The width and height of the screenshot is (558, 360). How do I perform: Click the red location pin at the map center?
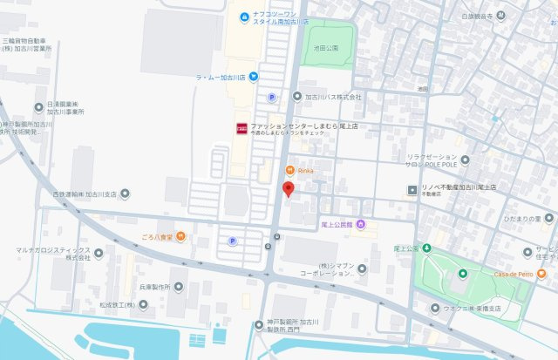pyautogui.click(x=289, y=190)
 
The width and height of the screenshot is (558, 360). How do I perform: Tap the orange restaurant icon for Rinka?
pyautogui.click(x=289, y=170)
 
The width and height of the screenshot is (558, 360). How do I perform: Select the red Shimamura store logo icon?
pyautogui.click(x=241, y=129)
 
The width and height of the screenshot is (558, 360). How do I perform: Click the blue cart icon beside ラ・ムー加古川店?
pyautogui.click(x=253, y=77)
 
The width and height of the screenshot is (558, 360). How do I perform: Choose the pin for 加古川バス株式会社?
pyautogui.click(x=296, y=98)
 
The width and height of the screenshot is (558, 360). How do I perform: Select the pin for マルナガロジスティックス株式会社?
pyautogui.click(x=98, y=253)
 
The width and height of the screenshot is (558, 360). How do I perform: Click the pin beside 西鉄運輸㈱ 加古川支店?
pyautogui.click(x=126, y=194)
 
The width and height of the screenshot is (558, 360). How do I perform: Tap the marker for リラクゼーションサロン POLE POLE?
pyautogui.click(x=465, y=160)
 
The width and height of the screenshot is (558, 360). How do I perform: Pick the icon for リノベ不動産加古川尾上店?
pyautogui.click(x=412, y=189)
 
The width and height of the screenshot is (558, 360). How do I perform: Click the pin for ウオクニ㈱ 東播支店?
pyautogui.click(x=435, y=308)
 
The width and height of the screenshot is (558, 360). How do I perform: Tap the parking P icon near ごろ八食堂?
pyautogui.click(x=232, y=241)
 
